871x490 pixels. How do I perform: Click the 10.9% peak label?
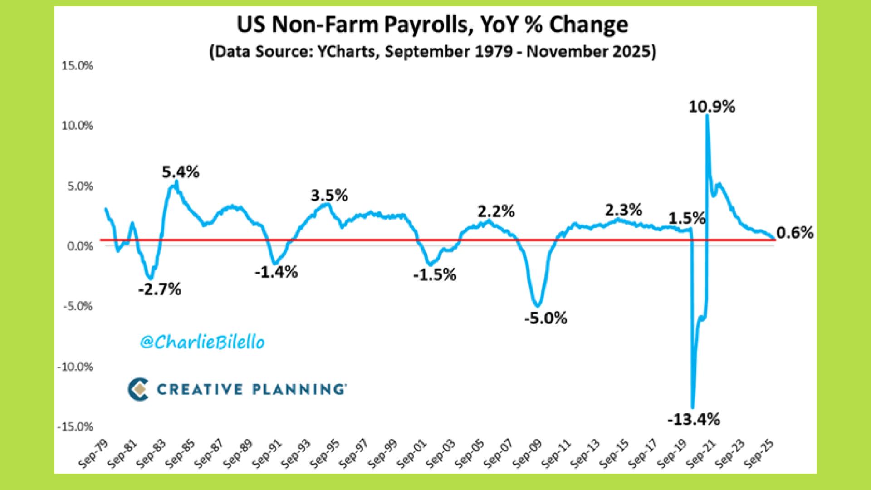pos(711,107)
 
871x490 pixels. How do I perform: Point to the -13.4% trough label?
pos(693,420)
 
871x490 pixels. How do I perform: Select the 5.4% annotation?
pos(181,172)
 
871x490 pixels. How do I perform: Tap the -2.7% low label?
pos(160,289)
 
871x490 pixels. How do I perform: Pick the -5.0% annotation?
pos(545,318)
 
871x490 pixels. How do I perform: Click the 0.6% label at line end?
pos(795,233)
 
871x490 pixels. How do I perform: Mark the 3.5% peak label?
pos(329,196)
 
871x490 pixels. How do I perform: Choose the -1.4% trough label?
pos(276,272)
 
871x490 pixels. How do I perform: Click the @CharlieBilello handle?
pos(202,342)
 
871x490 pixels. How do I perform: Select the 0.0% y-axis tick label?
pos(80,246)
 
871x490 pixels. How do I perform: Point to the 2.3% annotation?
pos(623,210)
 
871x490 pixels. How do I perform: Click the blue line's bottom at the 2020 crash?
pos(692,407)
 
